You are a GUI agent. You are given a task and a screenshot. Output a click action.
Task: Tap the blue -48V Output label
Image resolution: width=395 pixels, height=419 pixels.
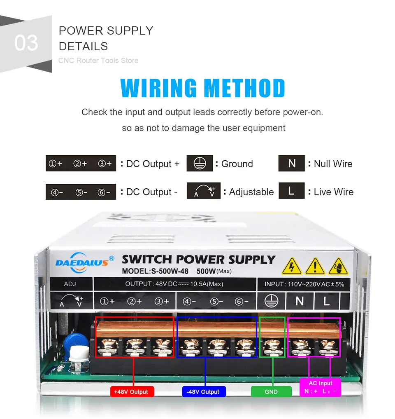(x=204, y=391)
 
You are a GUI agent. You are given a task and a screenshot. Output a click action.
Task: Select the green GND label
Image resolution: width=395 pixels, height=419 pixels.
(x=271, y=391)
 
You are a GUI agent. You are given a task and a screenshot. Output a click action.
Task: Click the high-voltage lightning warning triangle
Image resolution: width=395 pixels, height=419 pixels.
(x=292, y=266)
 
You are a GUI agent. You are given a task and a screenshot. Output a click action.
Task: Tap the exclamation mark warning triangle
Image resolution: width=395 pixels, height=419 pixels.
(x=315, y=266)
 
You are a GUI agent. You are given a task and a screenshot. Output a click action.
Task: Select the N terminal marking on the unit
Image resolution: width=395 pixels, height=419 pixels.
(x=300, y=301)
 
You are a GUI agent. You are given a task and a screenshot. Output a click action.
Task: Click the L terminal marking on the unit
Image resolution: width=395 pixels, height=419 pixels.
(x=326, y=301)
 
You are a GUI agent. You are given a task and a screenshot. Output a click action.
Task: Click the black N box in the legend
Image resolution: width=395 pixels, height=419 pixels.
(x=292, y=164)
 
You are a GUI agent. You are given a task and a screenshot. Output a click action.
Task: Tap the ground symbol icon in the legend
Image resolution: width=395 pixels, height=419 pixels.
(x=200, y=164)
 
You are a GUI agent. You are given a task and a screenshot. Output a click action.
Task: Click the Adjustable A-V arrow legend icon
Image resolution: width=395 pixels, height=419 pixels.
(x=204, y=191)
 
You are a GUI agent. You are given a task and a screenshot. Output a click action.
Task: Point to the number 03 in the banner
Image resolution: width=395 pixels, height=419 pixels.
(x=26, y=43)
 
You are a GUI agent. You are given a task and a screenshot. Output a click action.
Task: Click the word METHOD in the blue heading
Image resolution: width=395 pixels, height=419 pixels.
(x=244, y=88)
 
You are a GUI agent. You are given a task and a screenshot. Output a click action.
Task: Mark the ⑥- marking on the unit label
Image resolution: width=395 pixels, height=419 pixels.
(x=242, y=301)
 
